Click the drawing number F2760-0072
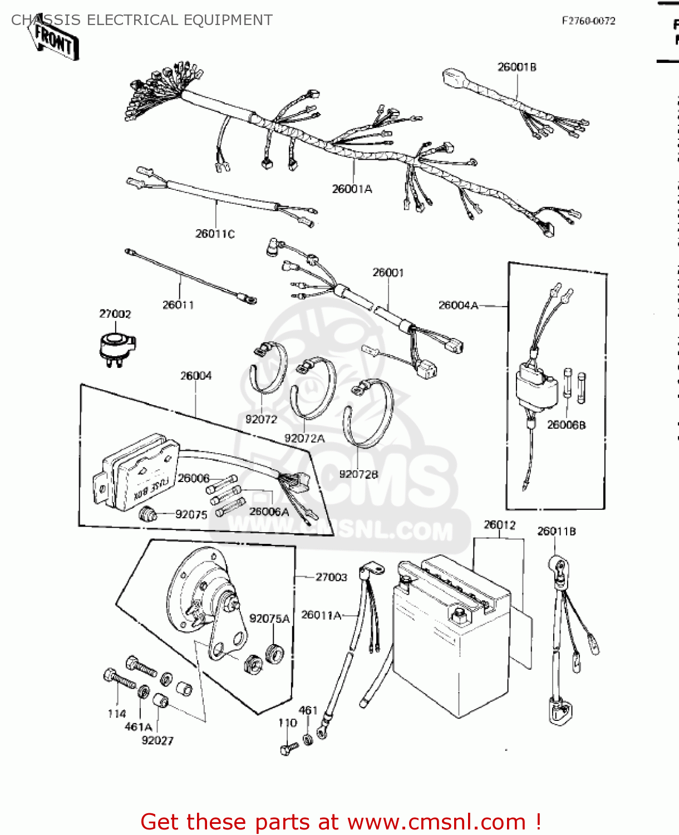(x=588, y=21)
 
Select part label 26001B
(x=516, y=67)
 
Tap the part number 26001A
(x=352, y=189)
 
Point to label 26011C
(x=215, y=234)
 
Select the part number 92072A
(x=304, y=439)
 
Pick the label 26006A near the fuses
(x=269, y=512)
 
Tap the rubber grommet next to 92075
(x=147, y=514)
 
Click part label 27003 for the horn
(x=331, y=577)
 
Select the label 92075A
(x=269, y=619)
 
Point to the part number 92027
(x=158, y=741)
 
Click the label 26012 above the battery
(x=499, y=525)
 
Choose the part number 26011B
(x=556, y=532)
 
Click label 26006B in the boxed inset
(x=566, y=425)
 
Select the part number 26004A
(x=458, y=305)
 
